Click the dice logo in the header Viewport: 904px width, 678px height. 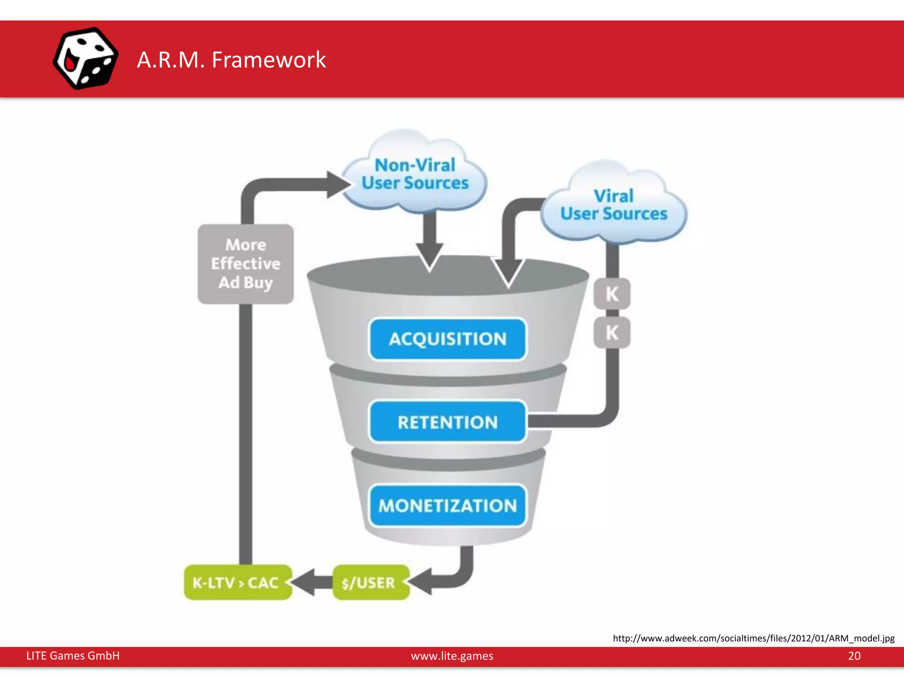85,58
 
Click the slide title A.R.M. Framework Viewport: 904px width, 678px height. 231,60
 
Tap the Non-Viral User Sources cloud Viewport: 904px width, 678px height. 415,174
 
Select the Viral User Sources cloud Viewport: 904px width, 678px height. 614,205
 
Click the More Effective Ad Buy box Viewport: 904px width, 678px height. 245,264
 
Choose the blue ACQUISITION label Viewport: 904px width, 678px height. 448,339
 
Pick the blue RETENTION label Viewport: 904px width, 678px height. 448,422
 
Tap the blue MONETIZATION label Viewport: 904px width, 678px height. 448,505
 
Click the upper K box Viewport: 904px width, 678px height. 612,294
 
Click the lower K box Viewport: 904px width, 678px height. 612,332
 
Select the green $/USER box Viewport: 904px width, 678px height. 369,583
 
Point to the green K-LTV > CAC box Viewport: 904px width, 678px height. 237,583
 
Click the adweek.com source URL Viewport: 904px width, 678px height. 753,638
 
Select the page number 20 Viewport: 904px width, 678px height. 854,656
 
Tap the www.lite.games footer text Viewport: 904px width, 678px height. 452,656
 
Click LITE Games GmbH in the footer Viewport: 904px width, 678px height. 73,656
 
